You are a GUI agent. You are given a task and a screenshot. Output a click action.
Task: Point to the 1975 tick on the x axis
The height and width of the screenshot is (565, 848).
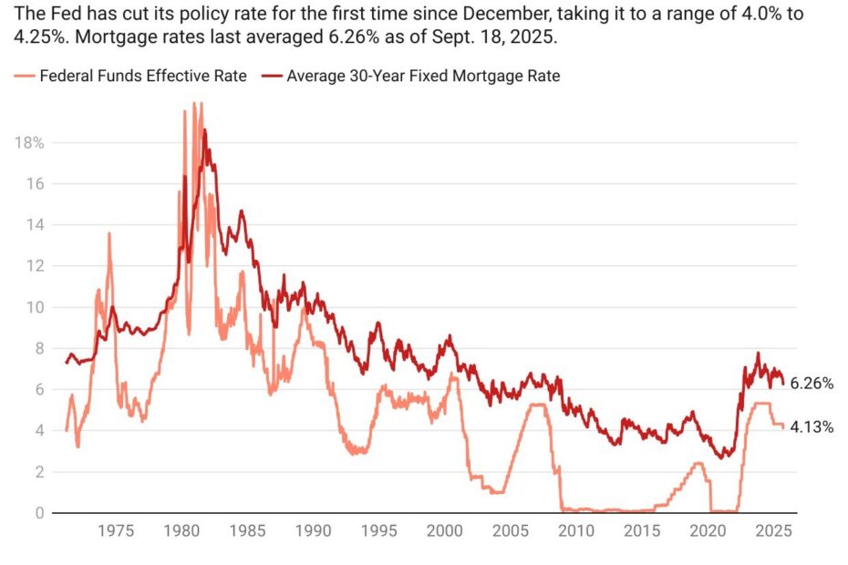click(x=118, y=530)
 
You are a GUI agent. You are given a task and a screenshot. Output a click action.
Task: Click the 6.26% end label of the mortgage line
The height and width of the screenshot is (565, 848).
click(x=812, y=384)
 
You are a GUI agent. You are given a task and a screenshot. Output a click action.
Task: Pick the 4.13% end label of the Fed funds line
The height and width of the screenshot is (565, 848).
click(x=812, y=426)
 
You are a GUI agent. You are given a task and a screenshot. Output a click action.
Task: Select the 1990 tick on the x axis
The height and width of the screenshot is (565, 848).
click(x=313, y=530)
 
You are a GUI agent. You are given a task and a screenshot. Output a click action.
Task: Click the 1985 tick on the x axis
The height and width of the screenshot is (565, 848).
click(x=247, y=530)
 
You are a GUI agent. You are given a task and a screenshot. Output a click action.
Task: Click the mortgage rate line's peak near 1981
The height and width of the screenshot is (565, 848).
click(x=204, y=130)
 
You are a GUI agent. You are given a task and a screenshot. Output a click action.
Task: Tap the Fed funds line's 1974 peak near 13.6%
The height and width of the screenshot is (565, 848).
click(x=109, y=233)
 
